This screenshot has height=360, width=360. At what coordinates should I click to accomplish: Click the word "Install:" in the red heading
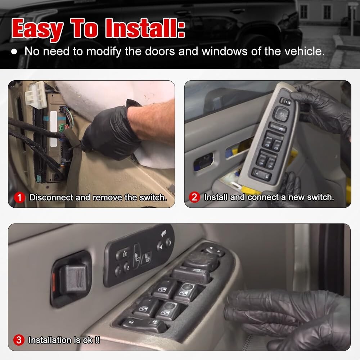145,28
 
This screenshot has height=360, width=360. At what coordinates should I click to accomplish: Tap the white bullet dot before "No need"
14,51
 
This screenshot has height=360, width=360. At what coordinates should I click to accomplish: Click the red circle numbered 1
19,197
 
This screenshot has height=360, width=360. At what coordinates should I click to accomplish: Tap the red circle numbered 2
194,197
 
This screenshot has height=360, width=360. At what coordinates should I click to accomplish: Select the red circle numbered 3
19,340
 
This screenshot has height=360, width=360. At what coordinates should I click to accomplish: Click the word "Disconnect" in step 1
51,197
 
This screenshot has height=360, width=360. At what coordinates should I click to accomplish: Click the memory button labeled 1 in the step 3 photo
119,271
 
